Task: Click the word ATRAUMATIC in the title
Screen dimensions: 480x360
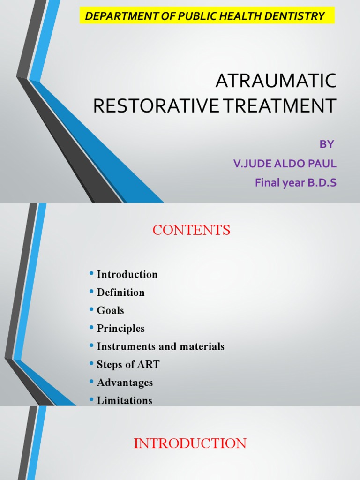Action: (x=276, y=81)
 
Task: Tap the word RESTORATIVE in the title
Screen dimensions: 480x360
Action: (x=156, y=105)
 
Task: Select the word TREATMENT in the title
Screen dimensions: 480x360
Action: (x=278, y=105)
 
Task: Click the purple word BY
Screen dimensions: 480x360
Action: (x=327, y=144)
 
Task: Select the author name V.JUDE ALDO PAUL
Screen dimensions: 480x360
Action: (x=285, y=164)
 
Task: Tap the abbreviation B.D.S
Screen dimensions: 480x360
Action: (x=322, y=183)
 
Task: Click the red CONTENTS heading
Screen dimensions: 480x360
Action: (x=191, y=230)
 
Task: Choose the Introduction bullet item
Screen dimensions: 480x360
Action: (x=127, y=275)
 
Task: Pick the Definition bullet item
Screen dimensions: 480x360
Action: (x=120, y=292)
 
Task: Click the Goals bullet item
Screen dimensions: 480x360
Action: (x=110, y=310)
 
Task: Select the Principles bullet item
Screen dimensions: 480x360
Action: (x=120, y=329)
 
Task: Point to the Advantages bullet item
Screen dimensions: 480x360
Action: (x=125, y=382)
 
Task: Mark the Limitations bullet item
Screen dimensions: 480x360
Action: (x=124, y=400)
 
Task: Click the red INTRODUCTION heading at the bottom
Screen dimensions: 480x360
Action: (x=190, y=443)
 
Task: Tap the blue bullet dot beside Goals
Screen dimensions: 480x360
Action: (x=91, y=310)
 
